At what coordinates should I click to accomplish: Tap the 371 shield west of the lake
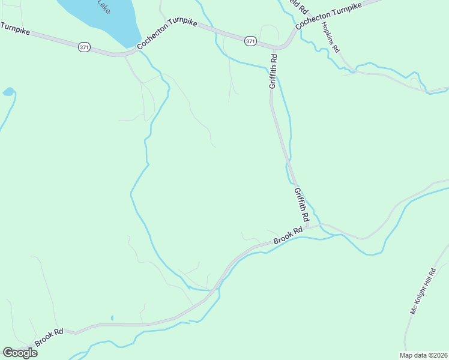click(x=83, y=46)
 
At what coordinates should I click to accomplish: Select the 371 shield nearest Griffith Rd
click(x=250, y=41)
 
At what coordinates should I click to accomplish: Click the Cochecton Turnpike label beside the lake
click(x=166, y=37)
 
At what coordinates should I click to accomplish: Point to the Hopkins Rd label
click(x=331, y=38)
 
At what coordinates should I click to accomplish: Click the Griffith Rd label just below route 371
click(x=273, y=72)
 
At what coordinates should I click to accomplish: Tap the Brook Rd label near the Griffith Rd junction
click(x=288, y=235)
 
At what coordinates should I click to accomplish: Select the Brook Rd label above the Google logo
click(x=49, y=337)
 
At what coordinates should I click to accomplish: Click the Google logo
click(x=20, y=353)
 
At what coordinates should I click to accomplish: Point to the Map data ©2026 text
click(x=423, y=355)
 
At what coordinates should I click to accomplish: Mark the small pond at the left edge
click(x=8, y=92)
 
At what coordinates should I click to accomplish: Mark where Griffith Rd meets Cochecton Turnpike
click(x=276, y=48)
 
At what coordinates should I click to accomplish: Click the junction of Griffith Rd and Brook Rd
click(x=308, y=227)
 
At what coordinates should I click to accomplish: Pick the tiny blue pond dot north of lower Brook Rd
click(x=112, y=318)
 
